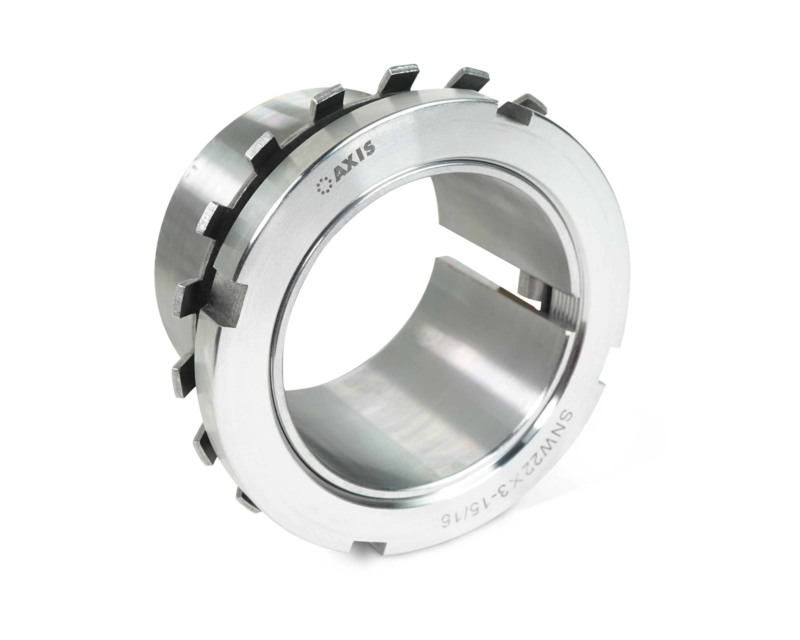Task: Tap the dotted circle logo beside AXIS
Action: click(x=324, y=185)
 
